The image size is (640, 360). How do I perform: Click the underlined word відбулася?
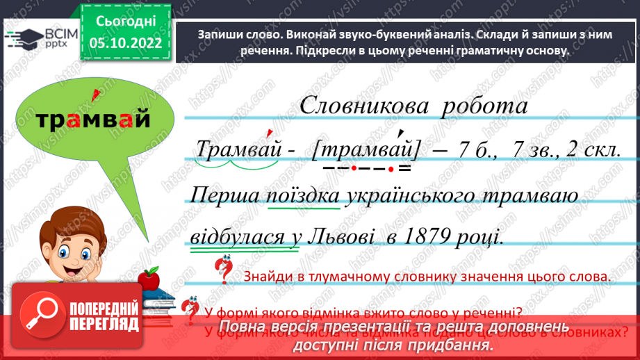tap(235, 237)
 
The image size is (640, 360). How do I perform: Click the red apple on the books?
tap(148, 279)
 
